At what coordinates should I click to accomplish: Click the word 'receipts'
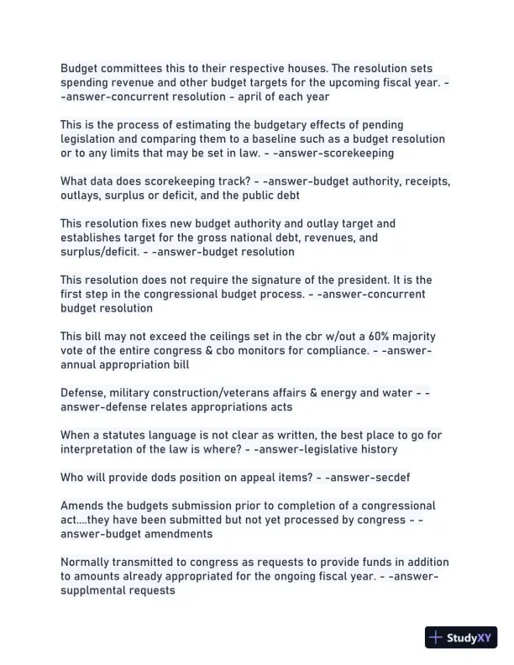point(425,181)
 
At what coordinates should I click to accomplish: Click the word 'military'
point(135,393)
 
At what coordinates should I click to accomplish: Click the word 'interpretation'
point(98,449)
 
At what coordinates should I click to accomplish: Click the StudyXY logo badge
point(462,637)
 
